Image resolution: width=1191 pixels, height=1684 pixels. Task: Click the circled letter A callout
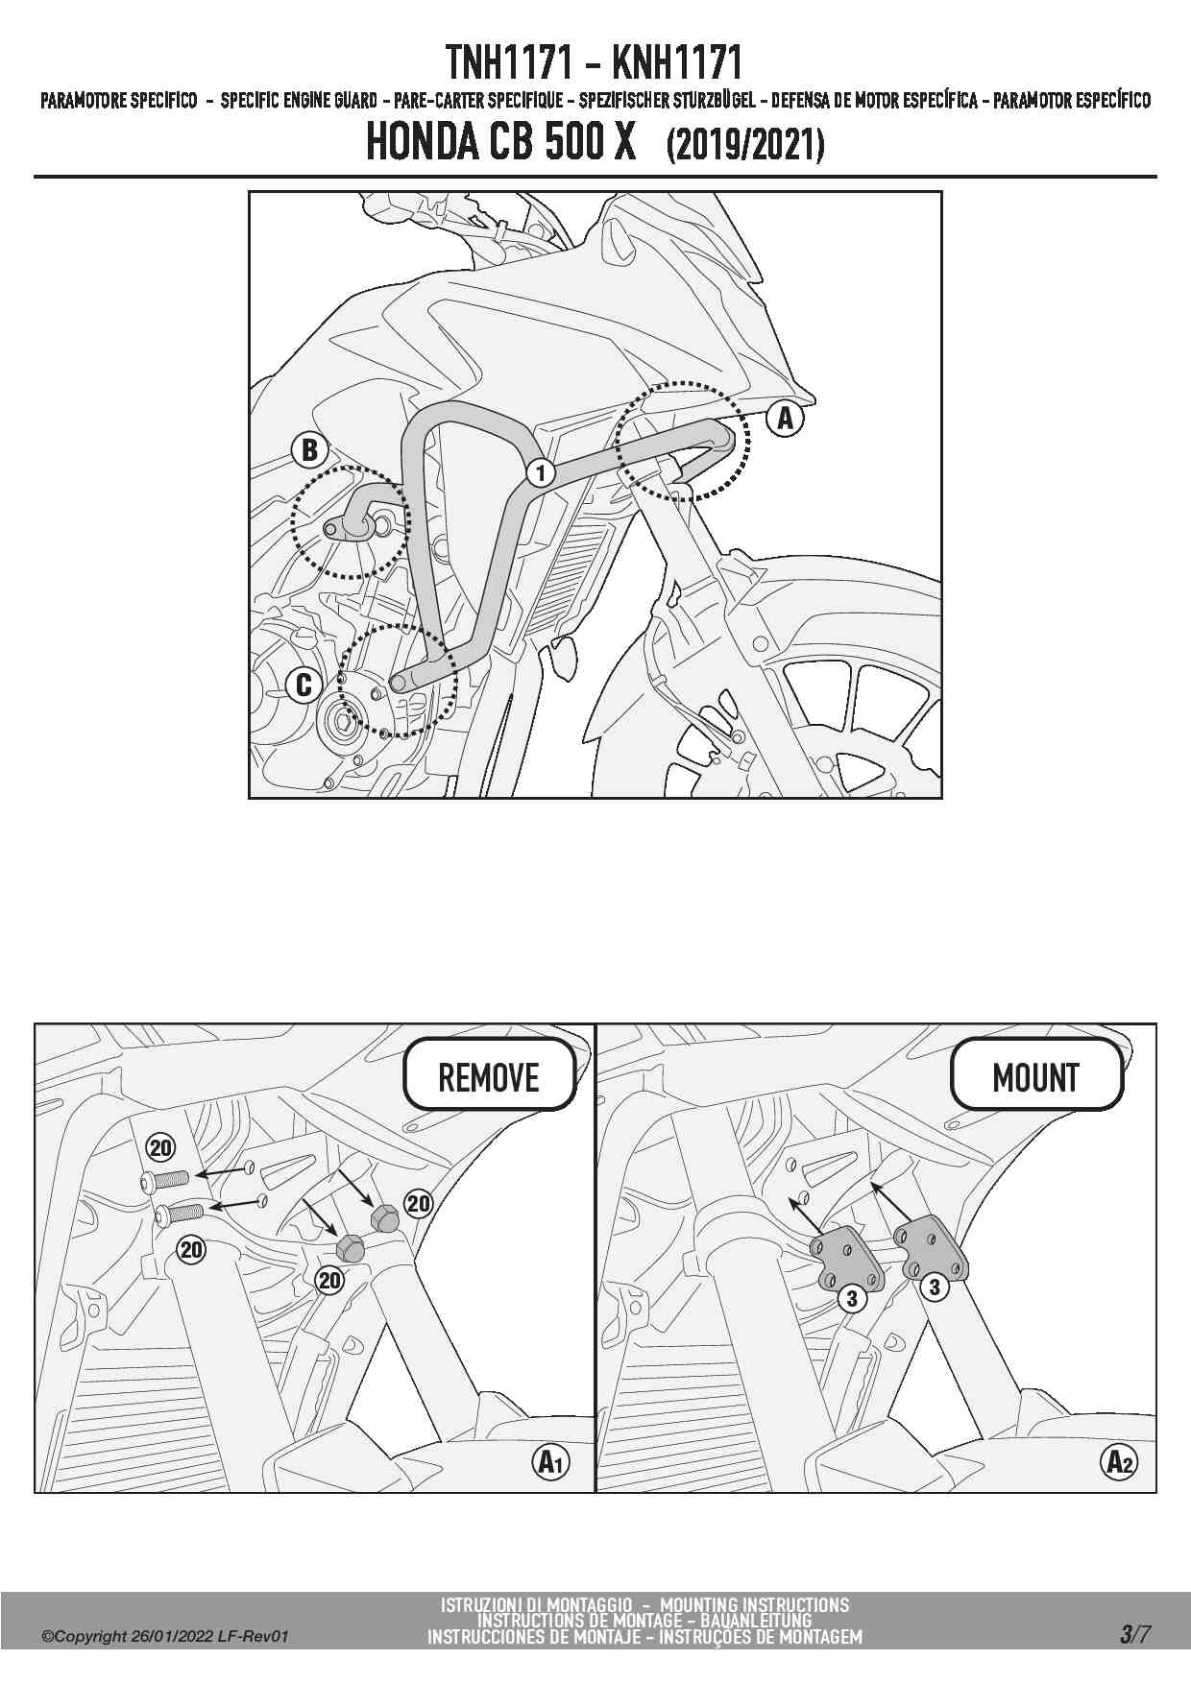pos(785,418)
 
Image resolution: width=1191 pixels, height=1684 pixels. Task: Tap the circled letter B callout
pos(310,449)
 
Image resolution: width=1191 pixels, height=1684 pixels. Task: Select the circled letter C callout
pos(304,685)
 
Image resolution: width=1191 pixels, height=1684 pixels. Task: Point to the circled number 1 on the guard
pos(541,472)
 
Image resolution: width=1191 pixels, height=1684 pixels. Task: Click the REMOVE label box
pos(489,1077)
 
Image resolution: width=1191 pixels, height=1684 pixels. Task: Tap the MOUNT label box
pos(1036,1077)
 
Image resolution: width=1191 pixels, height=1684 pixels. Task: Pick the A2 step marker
pos(1119,1462)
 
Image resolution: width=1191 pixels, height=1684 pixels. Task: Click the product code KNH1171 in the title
pos(678,63)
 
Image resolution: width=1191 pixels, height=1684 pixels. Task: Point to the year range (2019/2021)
pos(745,145)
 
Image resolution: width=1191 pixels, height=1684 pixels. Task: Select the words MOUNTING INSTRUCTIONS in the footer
pos(755,1604)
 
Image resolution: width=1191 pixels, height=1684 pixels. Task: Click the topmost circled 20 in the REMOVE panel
pos(160,1147)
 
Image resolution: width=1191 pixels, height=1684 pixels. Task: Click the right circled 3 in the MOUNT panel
pos(935,1288)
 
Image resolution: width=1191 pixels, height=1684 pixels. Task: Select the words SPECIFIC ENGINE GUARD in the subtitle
pos(299,101)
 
